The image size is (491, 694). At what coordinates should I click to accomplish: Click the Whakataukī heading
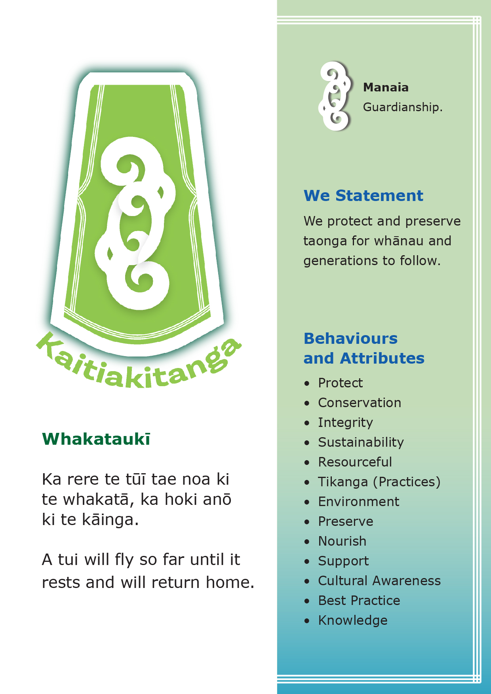(96, 439)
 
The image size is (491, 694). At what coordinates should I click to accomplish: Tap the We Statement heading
(363, 195)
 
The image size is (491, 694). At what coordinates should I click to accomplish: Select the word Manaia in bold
(386, 87)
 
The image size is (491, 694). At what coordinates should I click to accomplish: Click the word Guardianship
(402, 107)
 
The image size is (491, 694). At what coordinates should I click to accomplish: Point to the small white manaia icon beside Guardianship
(335, 96)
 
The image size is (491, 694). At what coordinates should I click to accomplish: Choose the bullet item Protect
(341, 383)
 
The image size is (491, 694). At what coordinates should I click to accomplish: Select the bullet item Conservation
(360, 403)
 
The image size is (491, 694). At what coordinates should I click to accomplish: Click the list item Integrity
(345, 423)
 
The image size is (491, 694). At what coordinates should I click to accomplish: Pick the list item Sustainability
(361, 442)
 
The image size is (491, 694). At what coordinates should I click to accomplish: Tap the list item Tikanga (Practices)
(379, 482)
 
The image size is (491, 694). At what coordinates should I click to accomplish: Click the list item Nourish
(343, 541)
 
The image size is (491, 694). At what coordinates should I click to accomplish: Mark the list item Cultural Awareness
(379, 581)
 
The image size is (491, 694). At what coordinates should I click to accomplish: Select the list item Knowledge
(353, 620)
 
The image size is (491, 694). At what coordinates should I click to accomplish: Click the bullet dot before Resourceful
(307, 463)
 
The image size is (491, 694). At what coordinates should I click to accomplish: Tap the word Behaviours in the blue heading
(350, 339)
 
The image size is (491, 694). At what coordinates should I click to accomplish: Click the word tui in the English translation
(68, 560)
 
